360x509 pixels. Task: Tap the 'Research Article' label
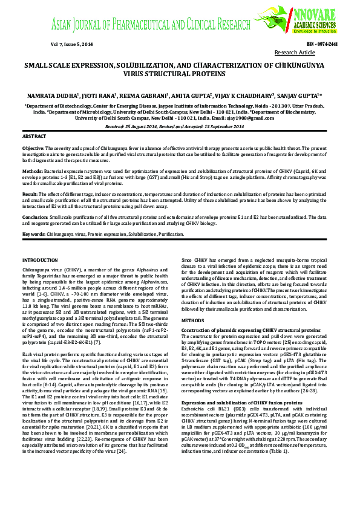tap(295, 53)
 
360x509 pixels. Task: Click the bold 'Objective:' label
tap(33, 148)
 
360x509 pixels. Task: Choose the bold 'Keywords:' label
tap(33, 233)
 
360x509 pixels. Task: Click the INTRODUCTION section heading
tap(39, 259)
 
